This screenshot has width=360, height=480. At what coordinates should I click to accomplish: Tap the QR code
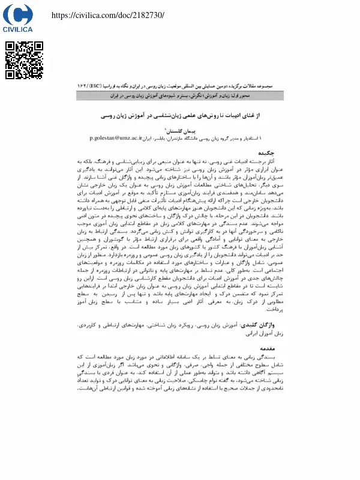23,60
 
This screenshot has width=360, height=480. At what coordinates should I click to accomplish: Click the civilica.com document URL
108,14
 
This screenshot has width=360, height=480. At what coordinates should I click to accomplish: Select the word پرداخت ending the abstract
257,311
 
